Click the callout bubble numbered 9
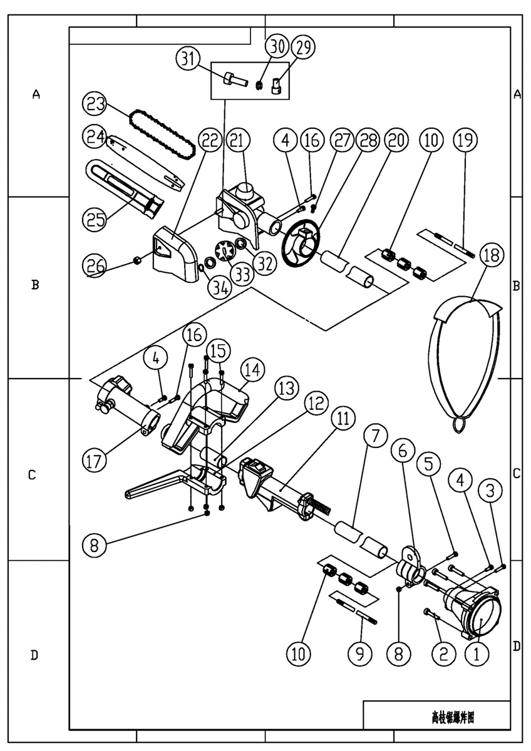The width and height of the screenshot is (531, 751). (x=359, y=653)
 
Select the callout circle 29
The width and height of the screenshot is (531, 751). (x=306, y=48)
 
